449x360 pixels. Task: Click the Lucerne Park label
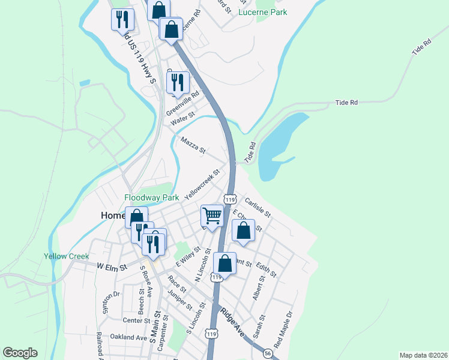point(262,12)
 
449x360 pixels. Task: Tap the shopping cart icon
point(212,215)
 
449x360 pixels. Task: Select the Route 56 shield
point(267,354)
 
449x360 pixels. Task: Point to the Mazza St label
point(193,144)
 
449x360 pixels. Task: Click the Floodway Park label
point(152,197)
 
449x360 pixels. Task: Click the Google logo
point(20,353)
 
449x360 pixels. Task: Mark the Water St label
point(183,118)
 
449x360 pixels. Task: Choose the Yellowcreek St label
point(202,184)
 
